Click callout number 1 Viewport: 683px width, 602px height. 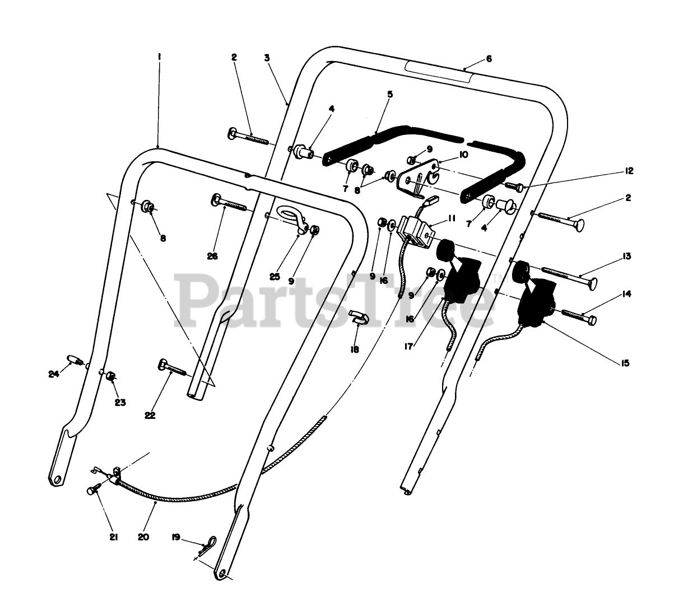[x=160, y=57]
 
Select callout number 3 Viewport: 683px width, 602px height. [x=267, y=57]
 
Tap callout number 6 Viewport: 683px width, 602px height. [x=489, y=59]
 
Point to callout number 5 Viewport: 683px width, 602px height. [x=390, y=94]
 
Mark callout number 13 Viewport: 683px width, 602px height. [x=626, y=256]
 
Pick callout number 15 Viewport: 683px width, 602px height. [x=625, y=363]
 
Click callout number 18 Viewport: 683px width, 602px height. [x=354, y=349]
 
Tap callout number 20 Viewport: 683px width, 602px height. [x=143, y=536]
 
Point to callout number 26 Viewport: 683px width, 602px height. [x=212, y=256]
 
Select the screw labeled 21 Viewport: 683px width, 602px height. [x=92, y=490]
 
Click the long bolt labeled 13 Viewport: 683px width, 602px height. [x=566, y=274]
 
